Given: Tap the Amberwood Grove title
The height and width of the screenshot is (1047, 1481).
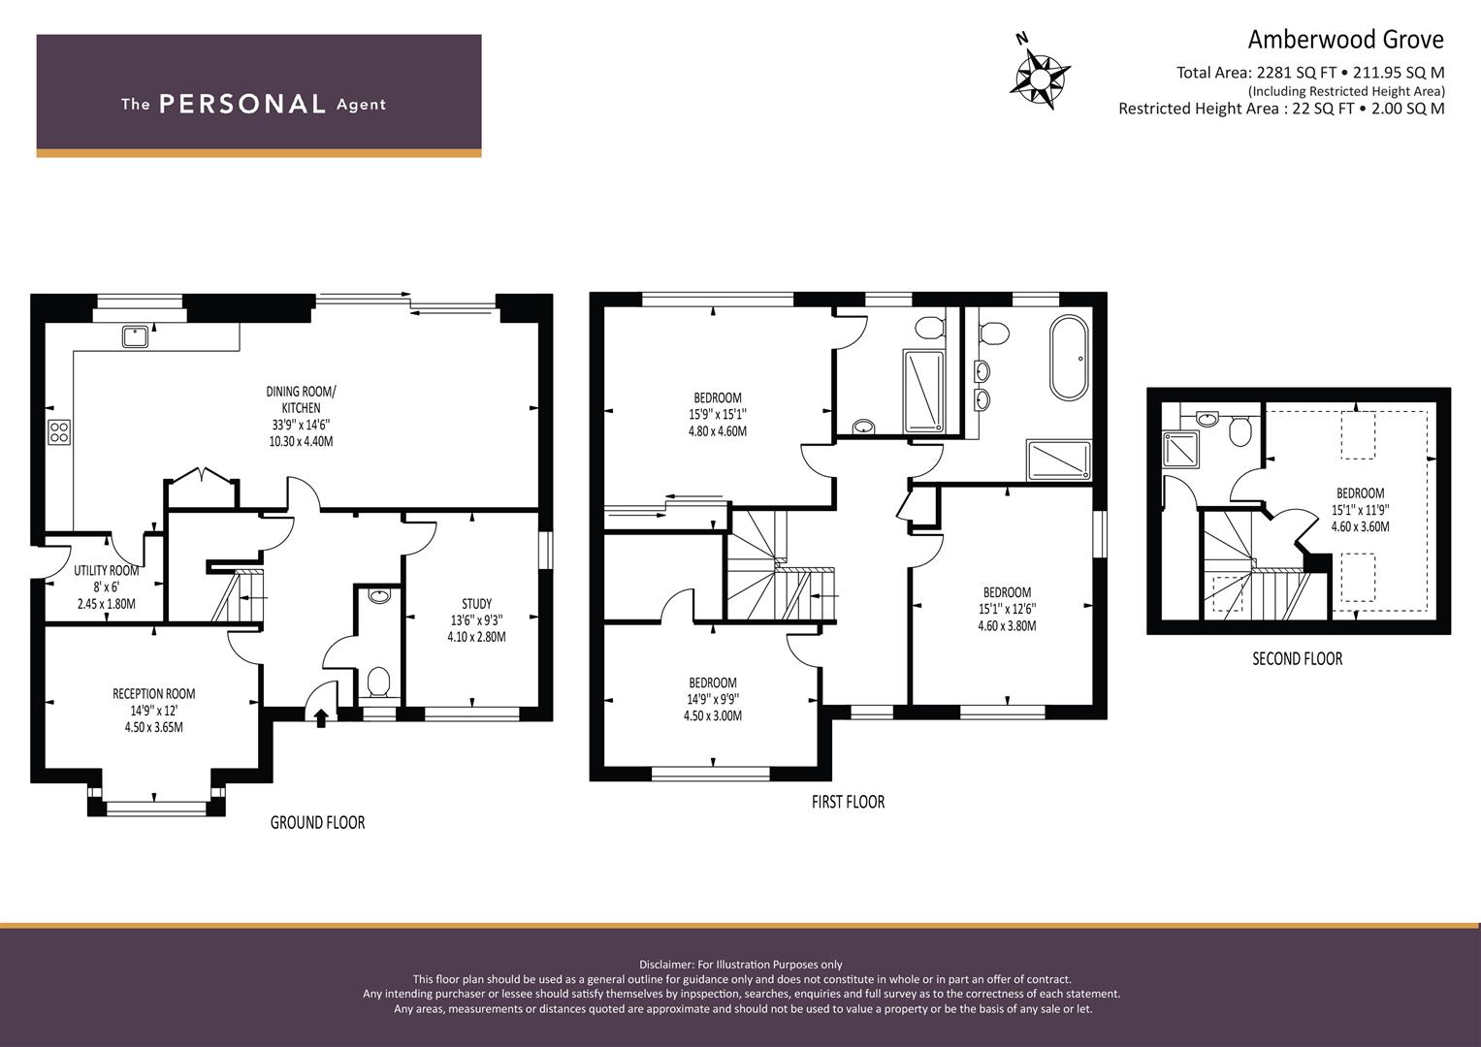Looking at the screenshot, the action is coord(1345,40).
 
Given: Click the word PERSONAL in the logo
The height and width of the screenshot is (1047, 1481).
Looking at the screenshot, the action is coord(242,104).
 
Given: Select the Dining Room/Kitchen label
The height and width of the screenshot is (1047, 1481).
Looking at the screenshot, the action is coord(301,399).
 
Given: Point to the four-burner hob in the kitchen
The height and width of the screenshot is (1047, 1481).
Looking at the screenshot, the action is coord(59,432).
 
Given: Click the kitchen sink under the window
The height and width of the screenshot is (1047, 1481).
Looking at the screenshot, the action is coord(135,336).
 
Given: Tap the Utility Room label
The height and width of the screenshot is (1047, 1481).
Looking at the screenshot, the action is coord(106,570).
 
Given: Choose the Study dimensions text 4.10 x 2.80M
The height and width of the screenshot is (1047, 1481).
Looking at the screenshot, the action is coord(476,637).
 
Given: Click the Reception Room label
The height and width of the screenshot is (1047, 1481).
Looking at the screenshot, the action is coord(153,693).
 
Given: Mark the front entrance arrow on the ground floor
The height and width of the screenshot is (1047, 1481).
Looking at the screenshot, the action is coord(321,717).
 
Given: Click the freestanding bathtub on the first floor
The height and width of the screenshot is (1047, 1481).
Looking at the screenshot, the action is coord(1069,358).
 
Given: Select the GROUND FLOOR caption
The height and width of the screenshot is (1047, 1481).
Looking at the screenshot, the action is coord(317,822).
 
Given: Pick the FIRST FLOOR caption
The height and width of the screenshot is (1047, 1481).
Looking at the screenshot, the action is coord(849,802).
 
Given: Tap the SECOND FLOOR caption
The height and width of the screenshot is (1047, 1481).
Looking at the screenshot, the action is coord(1297,658).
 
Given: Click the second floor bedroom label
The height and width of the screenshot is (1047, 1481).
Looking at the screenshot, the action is coord(1360,493).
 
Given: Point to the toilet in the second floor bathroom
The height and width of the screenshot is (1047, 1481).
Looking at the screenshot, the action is coord(1240,431).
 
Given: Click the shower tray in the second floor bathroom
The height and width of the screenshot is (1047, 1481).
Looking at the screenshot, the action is coord(1180,449).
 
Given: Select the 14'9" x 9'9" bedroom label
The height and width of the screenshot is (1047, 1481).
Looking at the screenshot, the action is coord(713,699).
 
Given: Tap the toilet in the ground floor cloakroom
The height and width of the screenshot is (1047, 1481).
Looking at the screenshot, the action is coord(378,681).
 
